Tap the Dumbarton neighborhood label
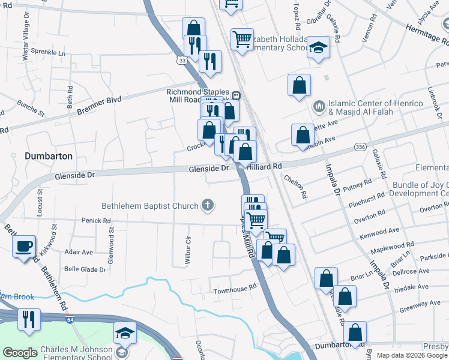click(49, 156)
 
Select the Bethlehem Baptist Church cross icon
click(208, 206)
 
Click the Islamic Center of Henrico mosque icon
click(319, 107)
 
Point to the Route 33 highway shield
click(182, 61)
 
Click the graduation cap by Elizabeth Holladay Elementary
click(319, 48)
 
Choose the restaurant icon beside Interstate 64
click(28, 320)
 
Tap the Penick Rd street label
click(97, 221)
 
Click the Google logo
click(20, 352)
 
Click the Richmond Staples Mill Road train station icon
click(237, 95)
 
